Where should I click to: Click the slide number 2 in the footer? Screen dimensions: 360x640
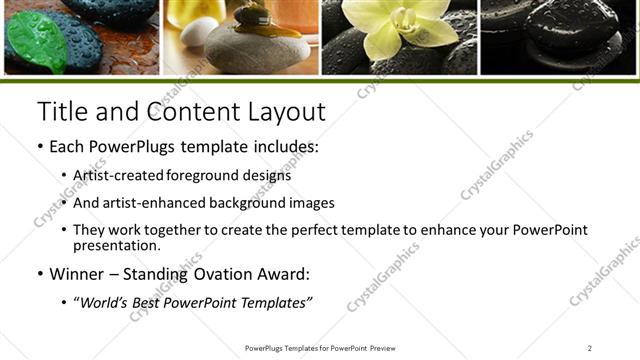click(589, 348)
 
